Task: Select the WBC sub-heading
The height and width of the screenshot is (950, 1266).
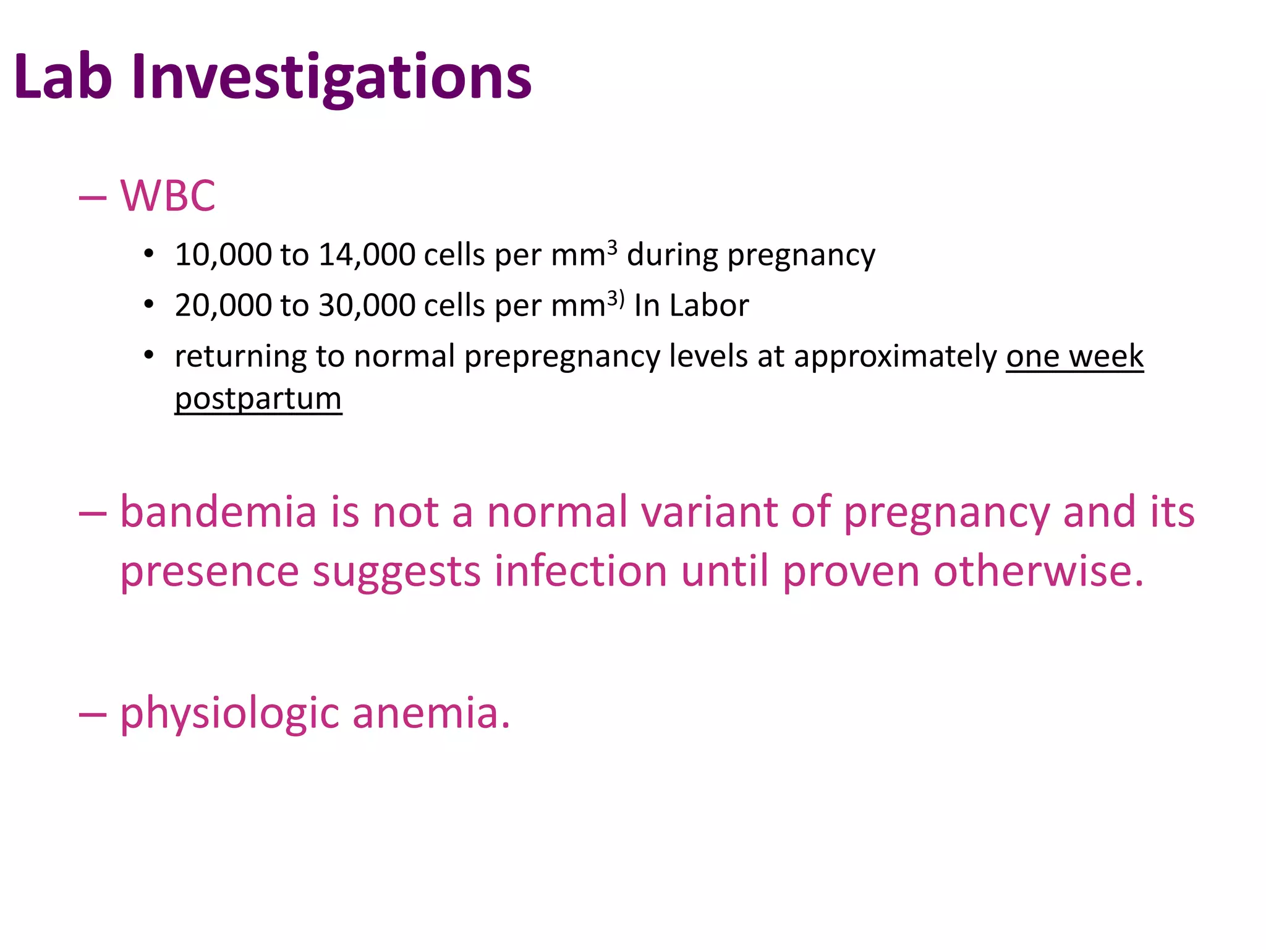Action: (x=168, y=196)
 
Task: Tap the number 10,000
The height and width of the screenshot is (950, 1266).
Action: (x=223, y=255)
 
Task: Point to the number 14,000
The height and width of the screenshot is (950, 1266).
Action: (x=367, y=255)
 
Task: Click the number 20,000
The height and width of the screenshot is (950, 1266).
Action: (x=223, y=306)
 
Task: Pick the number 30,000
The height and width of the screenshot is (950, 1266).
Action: (x=367, y=306)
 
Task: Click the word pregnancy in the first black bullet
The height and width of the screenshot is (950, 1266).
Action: (x=801, y=256)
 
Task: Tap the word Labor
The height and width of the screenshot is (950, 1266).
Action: (x=709, y=306)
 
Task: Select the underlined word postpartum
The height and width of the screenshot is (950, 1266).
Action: (x=258, y=400)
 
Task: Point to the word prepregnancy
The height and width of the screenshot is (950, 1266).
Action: (x=562, y=357)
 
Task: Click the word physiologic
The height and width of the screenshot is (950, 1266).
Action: (x=229, y=714)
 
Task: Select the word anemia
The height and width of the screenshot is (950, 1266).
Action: (x=431, y=713)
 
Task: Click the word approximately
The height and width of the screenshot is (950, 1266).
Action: (x=895, y=357)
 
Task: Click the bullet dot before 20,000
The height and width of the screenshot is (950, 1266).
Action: (x=148, y=305)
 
